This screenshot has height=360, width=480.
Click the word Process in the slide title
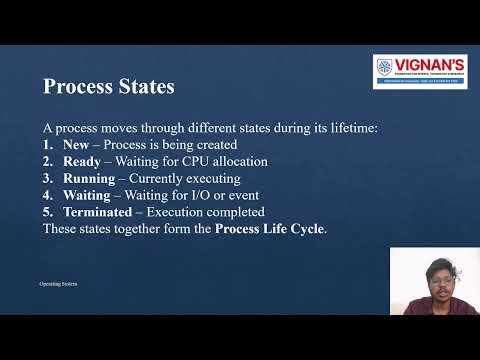tap(77, 87)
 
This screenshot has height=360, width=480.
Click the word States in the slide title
tap(143, 87)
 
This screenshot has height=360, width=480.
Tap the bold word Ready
tap(82, 161)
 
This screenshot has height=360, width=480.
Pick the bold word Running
tap(89, 178)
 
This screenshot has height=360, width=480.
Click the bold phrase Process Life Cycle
tap(270, 229)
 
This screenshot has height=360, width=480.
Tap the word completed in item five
tap(236, 212)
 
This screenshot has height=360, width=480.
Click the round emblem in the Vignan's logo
tap(386, 68)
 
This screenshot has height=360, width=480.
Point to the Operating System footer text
tap(57, 285)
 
